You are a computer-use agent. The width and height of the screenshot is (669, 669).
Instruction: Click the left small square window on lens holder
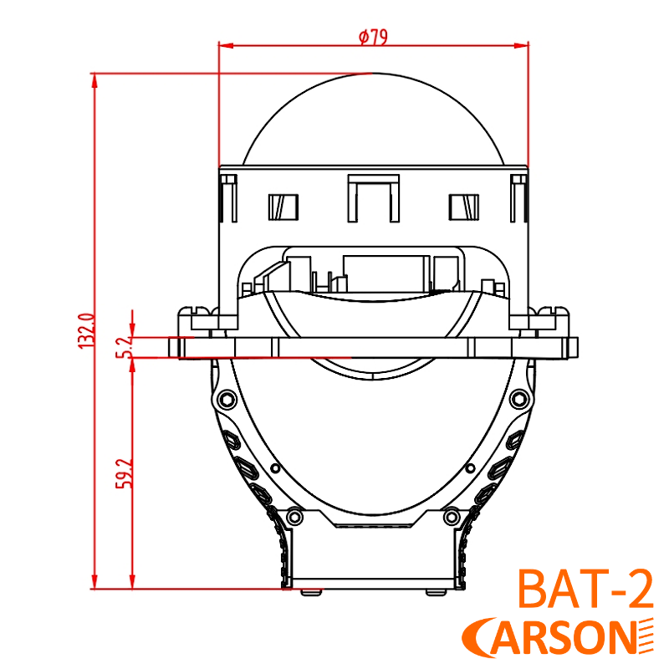(x=283, y=207)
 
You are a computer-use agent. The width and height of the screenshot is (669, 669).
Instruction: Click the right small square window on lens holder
(x=464, y=207)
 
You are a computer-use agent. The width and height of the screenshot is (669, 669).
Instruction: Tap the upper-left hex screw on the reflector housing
(x=224, y=397)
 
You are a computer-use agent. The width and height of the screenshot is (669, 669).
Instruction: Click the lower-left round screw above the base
(x=294, y=515)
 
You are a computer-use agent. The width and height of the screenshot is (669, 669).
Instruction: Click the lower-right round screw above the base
(x=452, y=515)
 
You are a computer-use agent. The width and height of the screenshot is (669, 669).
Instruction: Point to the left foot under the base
(x=310, y=591)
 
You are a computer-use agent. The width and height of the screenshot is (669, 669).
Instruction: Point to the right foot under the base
(x=436, y=591)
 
